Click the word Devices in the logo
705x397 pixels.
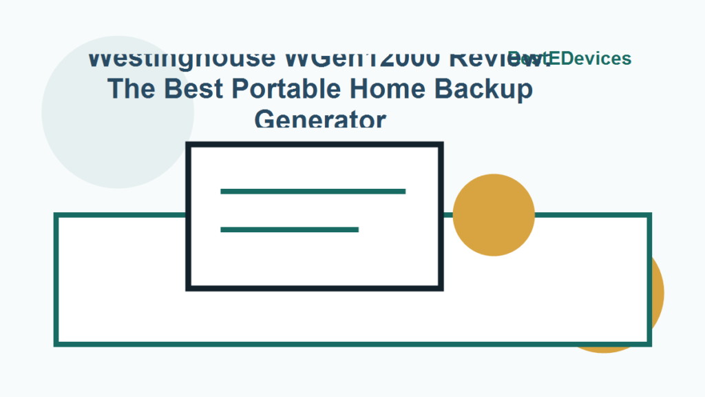[x=591, y=59]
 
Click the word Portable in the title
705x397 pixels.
[x=286, y=89]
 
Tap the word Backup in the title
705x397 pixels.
[x=485, y=89]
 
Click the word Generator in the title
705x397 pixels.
[x=320, y=120]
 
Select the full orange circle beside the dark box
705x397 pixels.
[x=494, y=214]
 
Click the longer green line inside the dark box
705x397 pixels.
[x=313, y=191]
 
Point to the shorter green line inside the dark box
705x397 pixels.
[x=289, y=230]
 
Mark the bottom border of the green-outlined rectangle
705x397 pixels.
[x=352, y=343]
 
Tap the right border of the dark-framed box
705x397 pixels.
[x=440, y=216]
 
